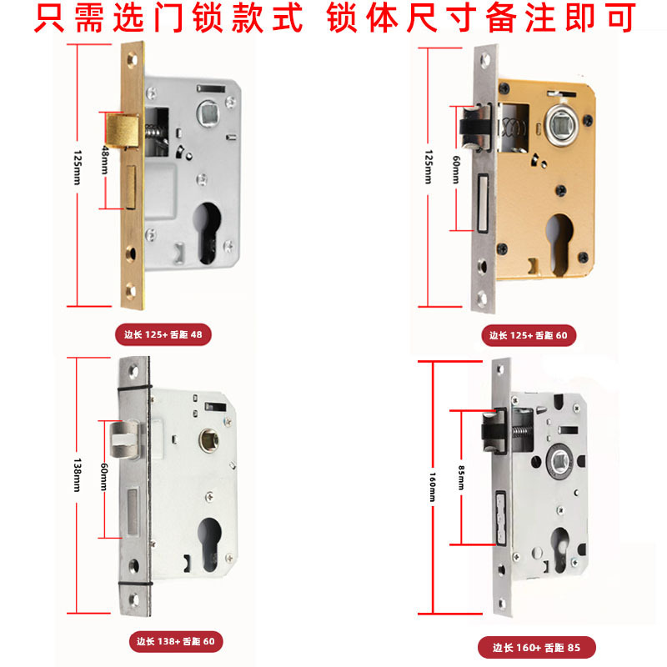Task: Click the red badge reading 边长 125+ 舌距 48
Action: click(x=163, y=335)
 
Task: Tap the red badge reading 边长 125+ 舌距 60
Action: click(x=529, y=336)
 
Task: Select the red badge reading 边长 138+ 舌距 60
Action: click(x=176, y=641)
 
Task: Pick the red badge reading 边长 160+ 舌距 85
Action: click(x=536, y=648)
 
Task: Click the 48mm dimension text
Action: click(x=105, y=160)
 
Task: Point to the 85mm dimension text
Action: click(x=461, y=478)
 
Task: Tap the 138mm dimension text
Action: click(x=77, y=474)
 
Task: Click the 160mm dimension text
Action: click(x=432, y=487)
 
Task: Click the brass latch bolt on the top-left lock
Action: click(x=122, y=130)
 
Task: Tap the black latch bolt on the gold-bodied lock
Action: click(x=475, y=128)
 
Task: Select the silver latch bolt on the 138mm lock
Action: click(x=124, y=439)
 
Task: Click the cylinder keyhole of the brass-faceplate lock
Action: click(x=208, y=233)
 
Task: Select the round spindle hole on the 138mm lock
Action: click(x=210, y=440)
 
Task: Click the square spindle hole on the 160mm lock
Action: click(x=559, y=461)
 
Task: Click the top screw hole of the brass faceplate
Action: click(x=132, y=59)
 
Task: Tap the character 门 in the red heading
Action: click(x=169, y=18)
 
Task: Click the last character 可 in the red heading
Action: click(x=622, y=18)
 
